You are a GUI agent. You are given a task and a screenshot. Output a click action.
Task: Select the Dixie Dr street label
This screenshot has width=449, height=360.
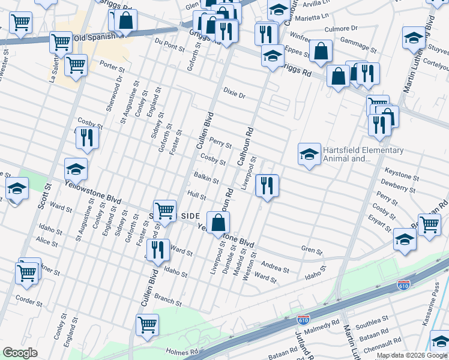point(234,95)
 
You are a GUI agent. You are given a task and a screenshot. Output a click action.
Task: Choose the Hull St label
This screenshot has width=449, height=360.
point(196,196)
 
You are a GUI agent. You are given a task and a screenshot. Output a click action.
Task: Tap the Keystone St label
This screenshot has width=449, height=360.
point(402,177)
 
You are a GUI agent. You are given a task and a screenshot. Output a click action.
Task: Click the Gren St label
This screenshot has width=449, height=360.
point(312,250)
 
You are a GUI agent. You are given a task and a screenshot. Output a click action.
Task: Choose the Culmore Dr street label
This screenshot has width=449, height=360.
point(340,28)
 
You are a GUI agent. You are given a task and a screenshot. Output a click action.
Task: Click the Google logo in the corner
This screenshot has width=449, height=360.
point(20,353)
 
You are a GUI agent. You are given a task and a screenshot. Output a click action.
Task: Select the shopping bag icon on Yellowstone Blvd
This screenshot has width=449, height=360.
point(218,222)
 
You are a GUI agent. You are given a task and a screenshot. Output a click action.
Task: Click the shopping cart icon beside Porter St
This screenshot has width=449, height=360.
point(76,65)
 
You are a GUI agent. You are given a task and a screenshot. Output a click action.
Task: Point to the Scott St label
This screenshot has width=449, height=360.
point(43,197)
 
